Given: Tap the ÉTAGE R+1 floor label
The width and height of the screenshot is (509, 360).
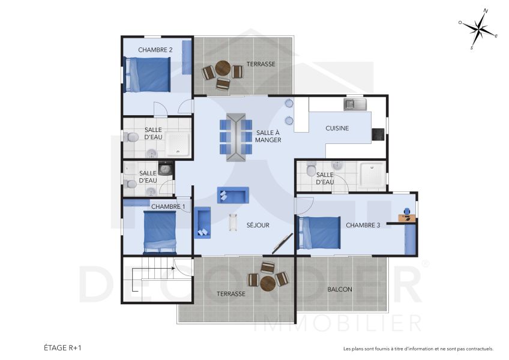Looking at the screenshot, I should tap(62, 347).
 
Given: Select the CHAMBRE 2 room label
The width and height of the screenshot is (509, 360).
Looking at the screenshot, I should tap(155, 50).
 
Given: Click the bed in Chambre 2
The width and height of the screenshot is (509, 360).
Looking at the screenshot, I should tap(147, 74).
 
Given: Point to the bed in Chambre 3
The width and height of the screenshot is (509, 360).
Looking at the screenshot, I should tap(319, 233).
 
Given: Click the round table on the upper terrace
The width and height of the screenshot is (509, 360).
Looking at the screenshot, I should tap(223, 70).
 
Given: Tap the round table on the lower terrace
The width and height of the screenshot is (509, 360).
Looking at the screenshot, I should tap(268, 280).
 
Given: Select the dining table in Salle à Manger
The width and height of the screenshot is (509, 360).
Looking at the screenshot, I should tap(235, 137).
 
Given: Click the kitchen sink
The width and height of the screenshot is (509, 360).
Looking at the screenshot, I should tap(355, 105).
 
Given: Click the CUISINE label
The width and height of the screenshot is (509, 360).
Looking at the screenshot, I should tap(337, 128).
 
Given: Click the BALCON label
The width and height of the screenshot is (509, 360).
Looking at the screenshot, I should tap(340, 289).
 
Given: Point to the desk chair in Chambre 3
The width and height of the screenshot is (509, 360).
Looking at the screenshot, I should tap(408, 212).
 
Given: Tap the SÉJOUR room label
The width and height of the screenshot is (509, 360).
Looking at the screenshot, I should tap(258, 226).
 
